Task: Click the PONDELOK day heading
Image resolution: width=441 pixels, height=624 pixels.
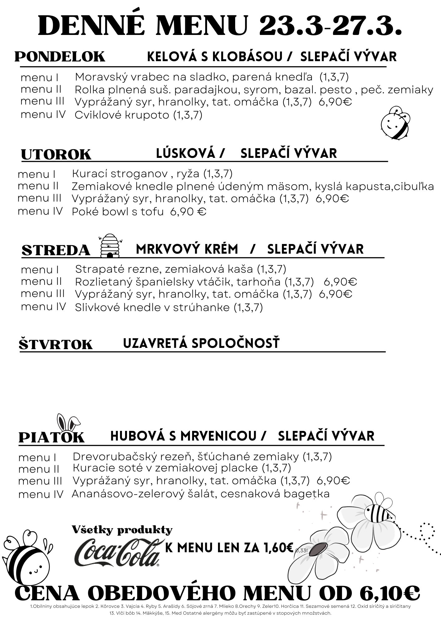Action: click(x=60, y=57)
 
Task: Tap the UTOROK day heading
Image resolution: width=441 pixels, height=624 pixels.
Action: click(x=56, y=155)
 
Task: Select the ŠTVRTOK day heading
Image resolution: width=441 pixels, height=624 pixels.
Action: click(x=56, y=344)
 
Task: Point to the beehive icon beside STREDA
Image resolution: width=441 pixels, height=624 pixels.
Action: click(x=110, y=246)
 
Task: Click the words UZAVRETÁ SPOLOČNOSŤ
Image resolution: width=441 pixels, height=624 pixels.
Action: click(x=201, y=343)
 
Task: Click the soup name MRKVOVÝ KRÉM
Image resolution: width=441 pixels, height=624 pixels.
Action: click(x=187, y=249)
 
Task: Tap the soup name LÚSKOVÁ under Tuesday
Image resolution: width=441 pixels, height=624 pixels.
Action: click(x=186, y=153)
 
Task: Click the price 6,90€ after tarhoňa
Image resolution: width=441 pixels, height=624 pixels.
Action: click(x=340, y=282)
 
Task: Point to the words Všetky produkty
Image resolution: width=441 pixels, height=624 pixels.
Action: click(x=122, y=530)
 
